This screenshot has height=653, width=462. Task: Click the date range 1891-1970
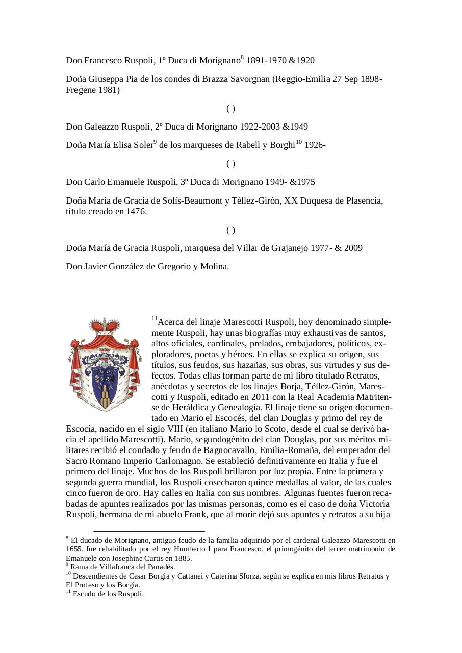[266, 61]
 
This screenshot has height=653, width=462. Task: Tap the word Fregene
[81, 90]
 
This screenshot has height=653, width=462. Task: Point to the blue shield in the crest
[105, 380]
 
